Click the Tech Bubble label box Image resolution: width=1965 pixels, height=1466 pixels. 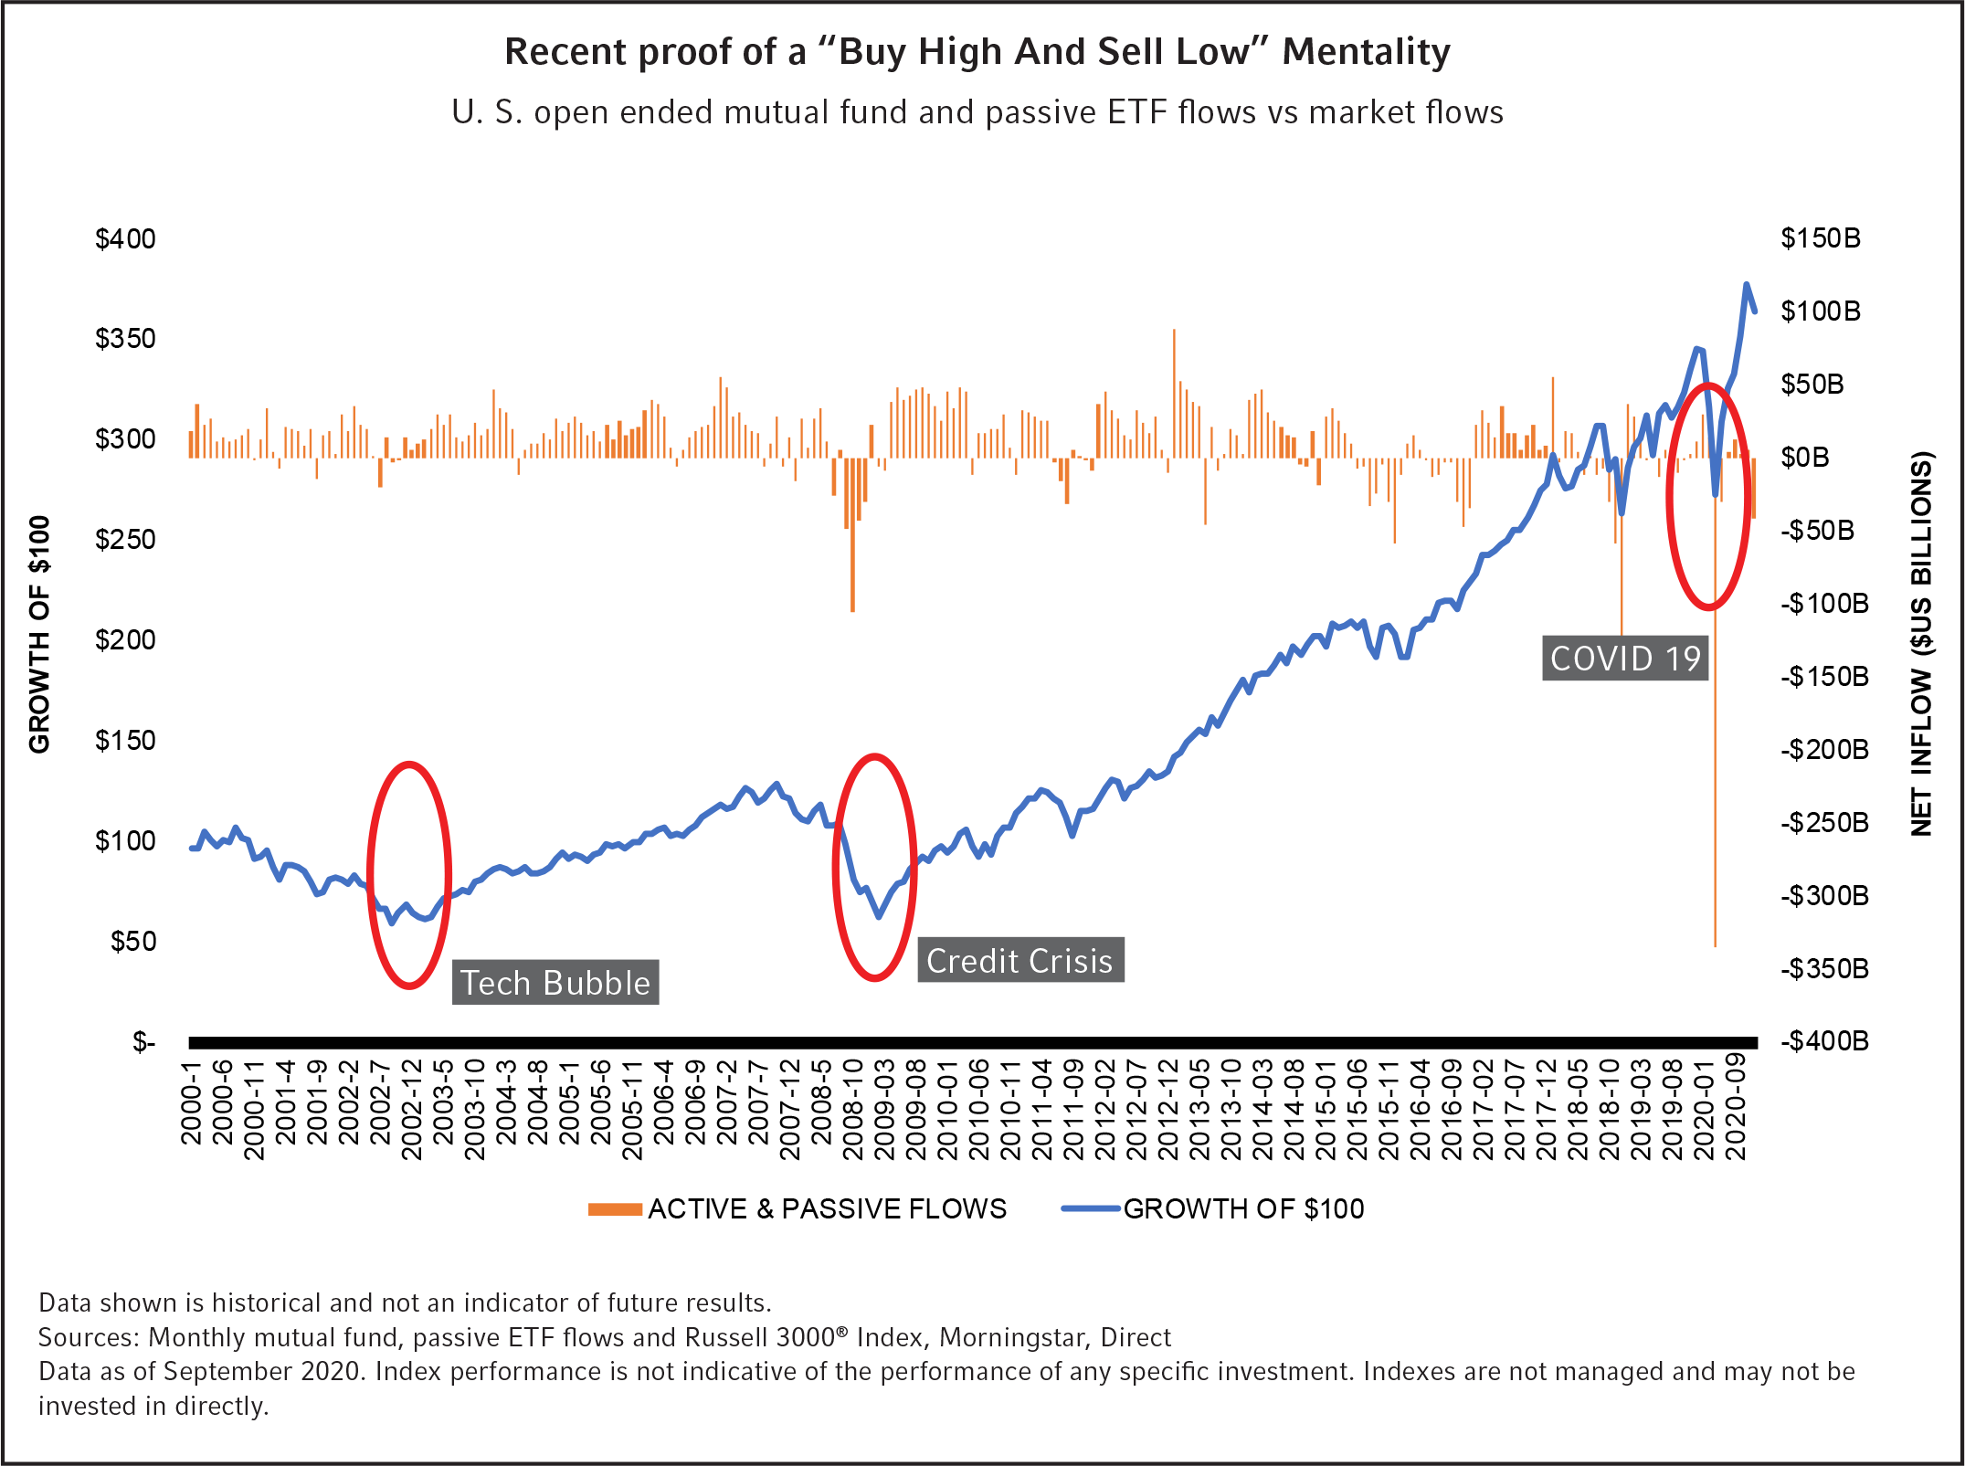tap(555, 983)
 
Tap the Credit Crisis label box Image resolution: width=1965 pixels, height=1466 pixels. tap(1020, 961)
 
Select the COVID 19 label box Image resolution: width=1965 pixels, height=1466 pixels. tap(1625, 659)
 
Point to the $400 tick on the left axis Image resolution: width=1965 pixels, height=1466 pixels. tap(125, 239)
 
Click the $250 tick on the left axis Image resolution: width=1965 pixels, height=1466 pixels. tap(125, 540)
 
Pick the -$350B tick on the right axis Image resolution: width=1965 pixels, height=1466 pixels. tap(1824, 968)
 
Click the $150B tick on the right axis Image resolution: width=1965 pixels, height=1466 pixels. tap(1821, 238)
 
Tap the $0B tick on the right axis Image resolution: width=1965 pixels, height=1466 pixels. tap(1805, 458)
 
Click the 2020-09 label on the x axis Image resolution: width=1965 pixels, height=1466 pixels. tap(1737, 1106)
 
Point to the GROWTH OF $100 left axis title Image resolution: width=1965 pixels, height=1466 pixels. tap(39, 635)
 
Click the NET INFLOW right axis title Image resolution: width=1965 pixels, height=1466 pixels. tap(1922, 643)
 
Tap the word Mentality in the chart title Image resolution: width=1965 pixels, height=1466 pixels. tap(1366, 52)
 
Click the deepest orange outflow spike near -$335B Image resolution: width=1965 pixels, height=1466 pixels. tap(1715, 941)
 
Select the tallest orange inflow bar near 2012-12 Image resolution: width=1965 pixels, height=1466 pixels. tap(1174, 333)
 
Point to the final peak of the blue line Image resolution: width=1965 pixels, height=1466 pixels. tap(1746, 284)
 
